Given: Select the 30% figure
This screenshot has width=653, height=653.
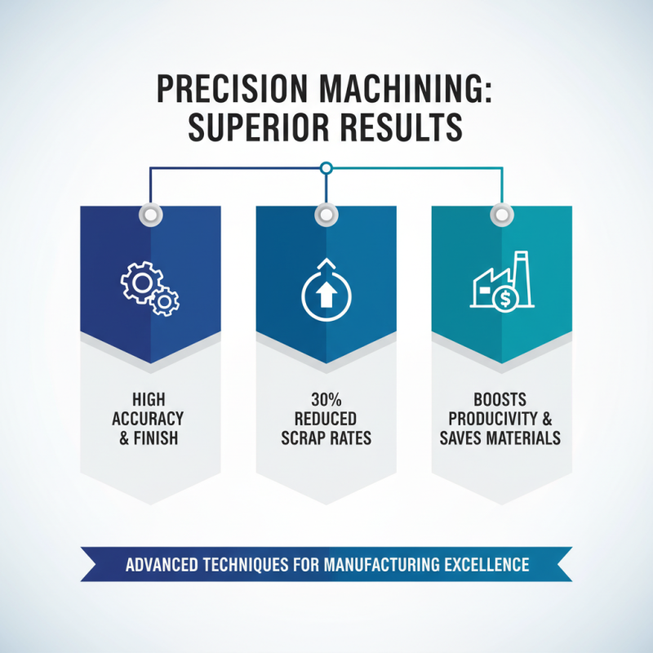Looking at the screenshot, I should (x=326, y=399).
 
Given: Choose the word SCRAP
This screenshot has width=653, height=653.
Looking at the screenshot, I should (x=299, y=438).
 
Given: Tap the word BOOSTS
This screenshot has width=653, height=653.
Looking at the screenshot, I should (x=500, y=399).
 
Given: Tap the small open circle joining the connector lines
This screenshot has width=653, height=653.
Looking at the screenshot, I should (x=326, y=169).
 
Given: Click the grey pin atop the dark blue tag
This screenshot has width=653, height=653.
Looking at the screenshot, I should (x=150, y=215).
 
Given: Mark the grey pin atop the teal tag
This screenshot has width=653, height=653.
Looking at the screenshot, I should (x=500, y=215).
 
